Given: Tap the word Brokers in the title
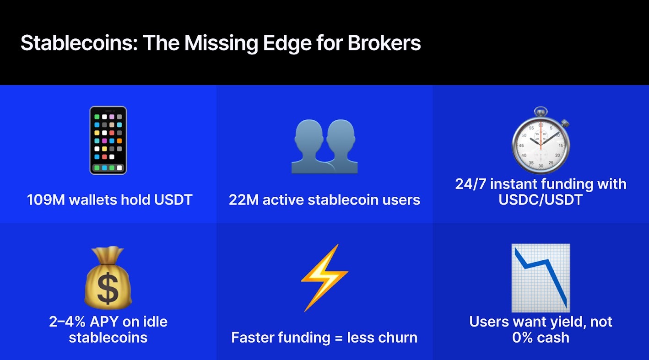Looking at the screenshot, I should (384, 43).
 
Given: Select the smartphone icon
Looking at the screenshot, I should (108, 140).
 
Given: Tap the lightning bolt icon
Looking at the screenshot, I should (324, 278).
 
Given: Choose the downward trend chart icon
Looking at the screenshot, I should (541, 278).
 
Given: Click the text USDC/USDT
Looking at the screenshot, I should (541, 200).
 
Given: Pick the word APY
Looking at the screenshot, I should (103, 322).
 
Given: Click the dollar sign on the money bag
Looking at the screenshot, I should (108, 288).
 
